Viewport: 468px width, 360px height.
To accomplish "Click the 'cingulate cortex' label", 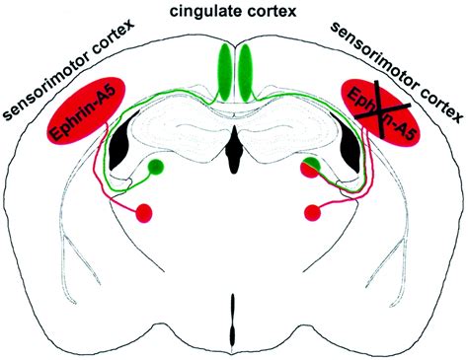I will point(233,11).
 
